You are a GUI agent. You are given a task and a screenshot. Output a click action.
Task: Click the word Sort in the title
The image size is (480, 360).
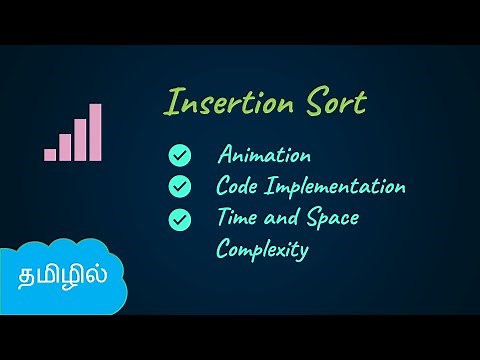pos(334,103)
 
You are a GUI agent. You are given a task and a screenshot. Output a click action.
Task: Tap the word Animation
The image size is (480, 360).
pos(264,156)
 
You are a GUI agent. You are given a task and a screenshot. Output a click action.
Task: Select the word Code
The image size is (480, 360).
pos(237,187)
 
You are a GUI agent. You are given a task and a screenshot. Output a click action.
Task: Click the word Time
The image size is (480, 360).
pos(237,218)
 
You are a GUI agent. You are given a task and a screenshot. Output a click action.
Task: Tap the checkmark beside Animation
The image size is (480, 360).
pos(180,156)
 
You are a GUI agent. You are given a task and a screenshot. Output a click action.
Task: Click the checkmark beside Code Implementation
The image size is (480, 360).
pos(180,187)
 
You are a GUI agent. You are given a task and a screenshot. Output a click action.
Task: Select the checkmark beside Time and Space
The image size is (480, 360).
pos(180,218)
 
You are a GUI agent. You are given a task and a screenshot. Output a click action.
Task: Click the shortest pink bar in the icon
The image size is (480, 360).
pos(50,154)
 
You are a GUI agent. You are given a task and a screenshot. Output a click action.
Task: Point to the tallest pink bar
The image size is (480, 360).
pos(95,132)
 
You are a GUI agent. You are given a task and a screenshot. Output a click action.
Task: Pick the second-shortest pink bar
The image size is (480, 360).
pos(65,147)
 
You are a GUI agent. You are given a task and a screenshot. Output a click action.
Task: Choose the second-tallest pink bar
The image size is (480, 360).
pos(80,139)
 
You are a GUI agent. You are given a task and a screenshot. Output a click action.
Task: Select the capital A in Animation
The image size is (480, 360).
pos(225,156)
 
